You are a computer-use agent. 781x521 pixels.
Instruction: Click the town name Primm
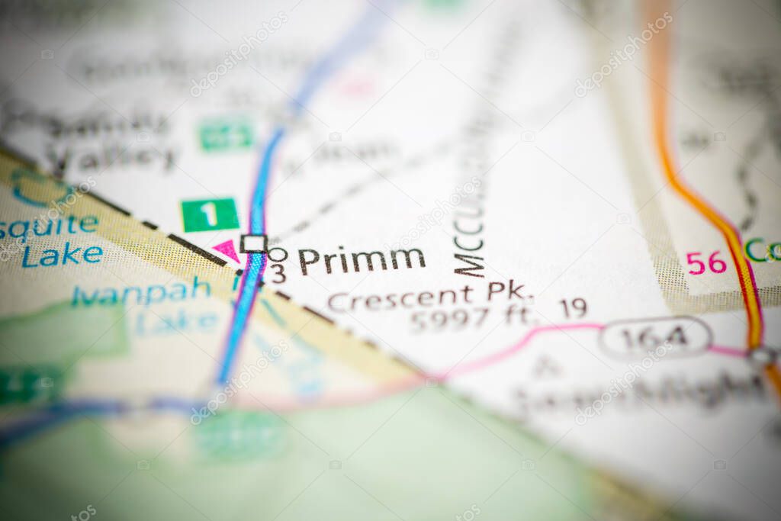tap(362, 260)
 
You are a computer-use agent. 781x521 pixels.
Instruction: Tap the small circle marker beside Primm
tap(278, 254)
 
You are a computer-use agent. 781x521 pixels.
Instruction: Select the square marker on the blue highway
tap(253, 243)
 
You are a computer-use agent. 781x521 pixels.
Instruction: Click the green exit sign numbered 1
tap(210, 214)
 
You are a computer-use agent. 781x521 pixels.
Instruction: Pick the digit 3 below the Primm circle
tap(279, 274)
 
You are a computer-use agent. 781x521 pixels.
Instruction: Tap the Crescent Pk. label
tap(429, 295)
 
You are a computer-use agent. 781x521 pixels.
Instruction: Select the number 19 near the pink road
tap(573, 307)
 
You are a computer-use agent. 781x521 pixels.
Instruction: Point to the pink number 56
tap(706, 262)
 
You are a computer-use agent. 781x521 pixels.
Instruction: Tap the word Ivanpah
tap(141, 291)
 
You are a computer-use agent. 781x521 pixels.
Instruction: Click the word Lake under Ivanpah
tap(176, 322)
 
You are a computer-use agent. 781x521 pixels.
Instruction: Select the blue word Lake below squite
tap(62, 255)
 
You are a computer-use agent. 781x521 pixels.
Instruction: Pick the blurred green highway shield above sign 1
tap(226, 134)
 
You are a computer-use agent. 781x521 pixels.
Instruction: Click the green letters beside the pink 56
tap(762, 250)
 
